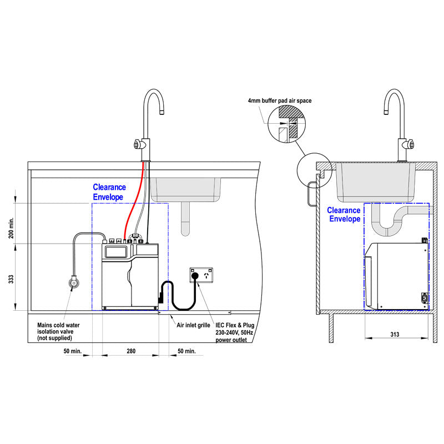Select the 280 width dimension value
point(131,351)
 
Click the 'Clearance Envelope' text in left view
point(109,192)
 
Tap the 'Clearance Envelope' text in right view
point(344,214)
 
